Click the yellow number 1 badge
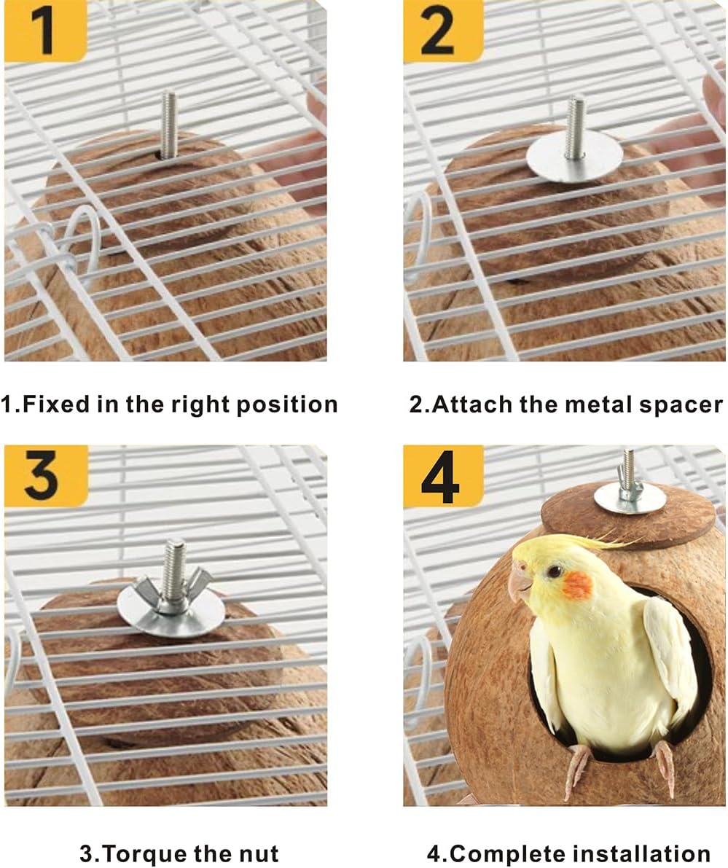tap(45, 31)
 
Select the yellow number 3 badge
tap(45, 475)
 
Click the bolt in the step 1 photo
tap(168, 124)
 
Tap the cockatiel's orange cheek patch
tap(576, 584)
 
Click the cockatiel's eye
tap(555, 571)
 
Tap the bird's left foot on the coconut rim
tap(576, 773)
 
